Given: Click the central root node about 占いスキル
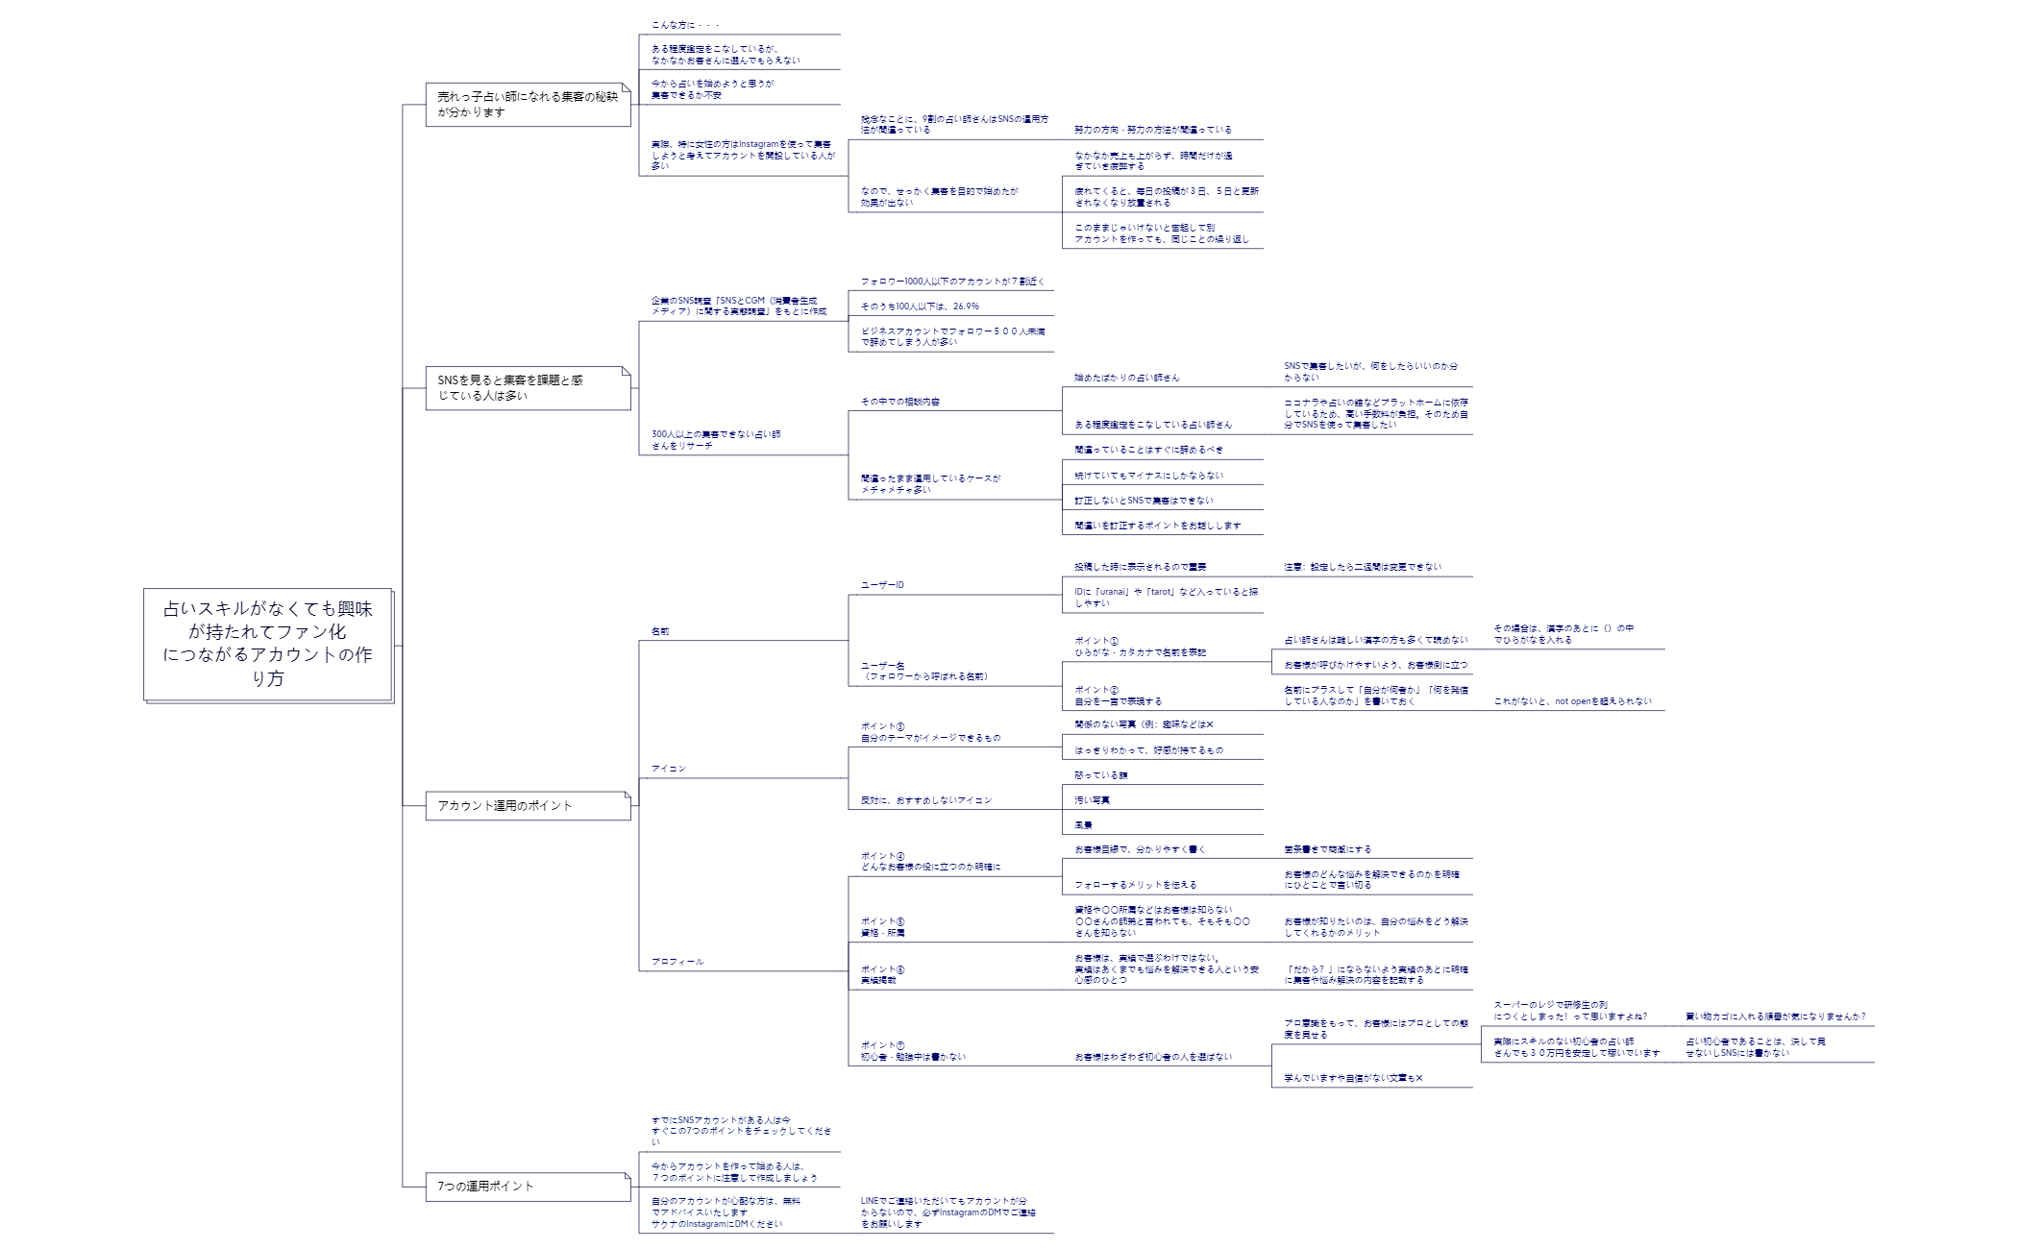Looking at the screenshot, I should pos(267,643).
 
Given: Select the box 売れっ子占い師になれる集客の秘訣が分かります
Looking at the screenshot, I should pos(528,104).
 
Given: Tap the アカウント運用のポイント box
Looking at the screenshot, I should pos(528,805).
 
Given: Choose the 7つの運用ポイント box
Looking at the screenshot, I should pos(528,1186).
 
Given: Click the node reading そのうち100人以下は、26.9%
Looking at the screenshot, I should pos(920,306).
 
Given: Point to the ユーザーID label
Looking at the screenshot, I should pos(882,585).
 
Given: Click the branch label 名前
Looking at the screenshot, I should pos(660,631).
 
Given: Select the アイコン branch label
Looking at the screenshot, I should pos(669,769).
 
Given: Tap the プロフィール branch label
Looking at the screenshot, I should pos(677,961).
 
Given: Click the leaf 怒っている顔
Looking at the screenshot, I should pos(1101,774).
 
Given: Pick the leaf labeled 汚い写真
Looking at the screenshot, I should pos(1093,799).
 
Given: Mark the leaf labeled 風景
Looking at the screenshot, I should pos(1084,824).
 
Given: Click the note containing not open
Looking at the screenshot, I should pos(1572,701).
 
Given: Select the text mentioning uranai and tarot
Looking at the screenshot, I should pos(1166,597).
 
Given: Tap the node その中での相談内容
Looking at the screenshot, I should pos(900,402).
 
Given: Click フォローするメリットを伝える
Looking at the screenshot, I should pos(1136,884).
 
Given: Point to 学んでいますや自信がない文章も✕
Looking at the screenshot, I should pos(1353,1078).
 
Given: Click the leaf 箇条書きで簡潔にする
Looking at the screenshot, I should pos(1328,849).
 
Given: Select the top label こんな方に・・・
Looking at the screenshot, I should pos(685,25).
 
